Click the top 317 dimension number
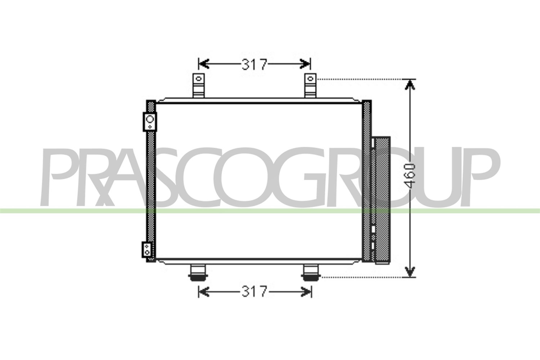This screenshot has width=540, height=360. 255,64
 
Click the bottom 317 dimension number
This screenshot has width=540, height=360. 255,292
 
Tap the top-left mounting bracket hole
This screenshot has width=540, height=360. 199,78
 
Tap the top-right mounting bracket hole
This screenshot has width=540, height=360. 310,78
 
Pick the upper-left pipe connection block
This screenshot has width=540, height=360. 150,122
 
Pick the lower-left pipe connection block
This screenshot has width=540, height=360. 147,250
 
